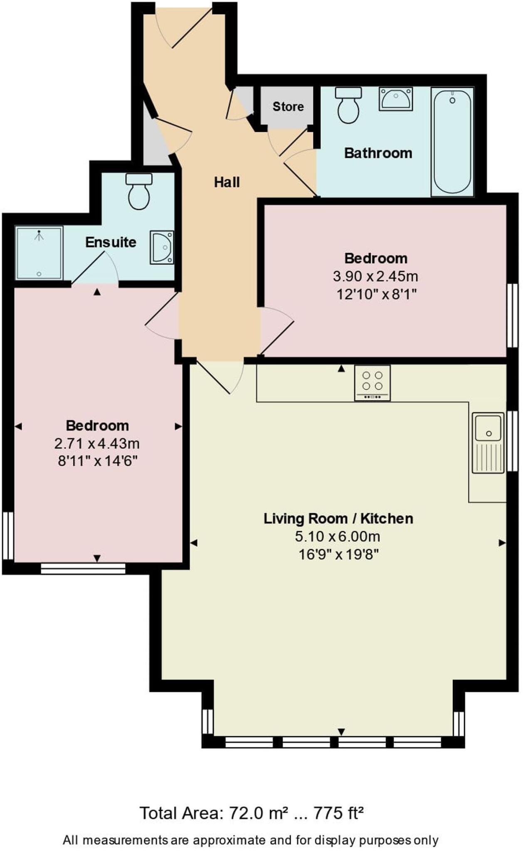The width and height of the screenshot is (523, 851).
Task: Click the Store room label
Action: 288,107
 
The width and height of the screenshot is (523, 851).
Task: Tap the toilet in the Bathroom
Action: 348,106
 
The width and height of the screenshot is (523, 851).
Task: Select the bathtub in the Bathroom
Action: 452,142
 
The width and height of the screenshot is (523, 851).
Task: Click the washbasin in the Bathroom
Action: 395,99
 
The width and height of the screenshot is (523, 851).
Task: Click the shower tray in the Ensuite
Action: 39,253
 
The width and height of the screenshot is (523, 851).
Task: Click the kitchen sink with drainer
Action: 488,443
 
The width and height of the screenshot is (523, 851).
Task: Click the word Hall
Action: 227,182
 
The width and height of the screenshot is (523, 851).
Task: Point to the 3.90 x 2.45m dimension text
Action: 375,276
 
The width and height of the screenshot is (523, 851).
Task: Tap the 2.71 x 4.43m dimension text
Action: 97,444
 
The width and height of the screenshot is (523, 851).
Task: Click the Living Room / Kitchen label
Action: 338,519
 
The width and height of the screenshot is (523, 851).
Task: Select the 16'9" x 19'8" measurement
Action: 338,554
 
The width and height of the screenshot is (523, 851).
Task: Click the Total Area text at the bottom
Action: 252,813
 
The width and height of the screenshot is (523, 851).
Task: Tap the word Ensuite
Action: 111,242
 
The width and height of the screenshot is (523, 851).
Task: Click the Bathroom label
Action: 378,153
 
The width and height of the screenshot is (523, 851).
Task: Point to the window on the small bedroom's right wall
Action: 512,315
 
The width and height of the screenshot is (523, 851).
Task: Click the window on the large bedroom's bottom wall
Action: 83,568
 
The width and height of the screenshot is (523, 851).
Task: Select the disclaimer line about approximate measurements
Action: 251,840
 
